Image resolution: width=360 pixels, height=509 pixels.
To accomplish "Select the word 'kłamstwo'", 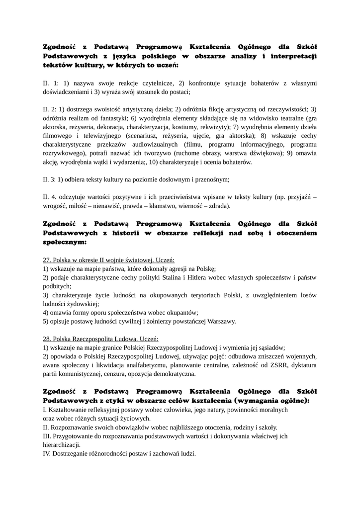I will point(229,205).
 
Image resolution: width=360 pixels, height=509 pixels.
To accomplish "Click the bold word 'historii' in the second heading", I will point(133,234).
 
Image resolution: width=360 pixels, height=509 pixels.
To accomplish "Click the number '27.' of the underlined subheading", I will point(48,260).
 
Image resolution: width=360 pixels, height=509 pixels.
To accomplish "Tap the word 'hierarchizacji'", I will point(62,444).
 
